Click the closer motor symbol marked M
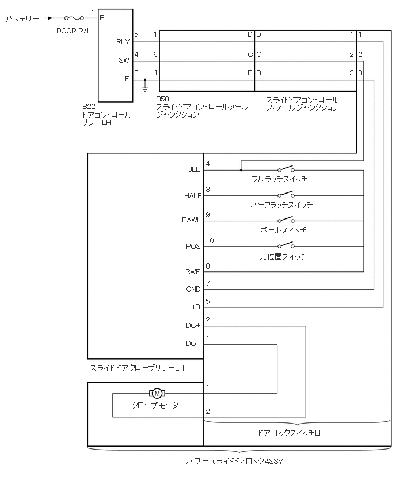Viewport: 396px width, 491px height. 156,394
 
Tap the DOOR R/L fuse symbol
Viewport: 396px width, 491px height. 74,18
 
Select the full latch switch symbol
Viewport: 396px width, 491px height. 285,169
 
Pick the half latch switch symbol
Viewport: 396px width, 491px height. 285,195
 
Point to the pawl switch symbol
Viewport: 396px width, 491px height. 285,221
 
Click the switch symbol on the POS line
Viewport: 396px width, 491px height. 285,247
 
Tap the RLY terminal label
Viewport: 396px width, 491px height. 123,41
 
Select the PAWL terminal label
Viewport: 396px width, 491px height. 192,221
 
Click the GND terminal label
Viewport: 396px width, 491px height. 193,289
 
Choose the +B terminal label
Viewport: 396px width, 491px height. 195,307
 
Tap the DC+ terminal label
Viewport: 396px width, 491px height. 193,326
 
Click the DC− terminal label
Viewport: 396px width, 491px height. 193,344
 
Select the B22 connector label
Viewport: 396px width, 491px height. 89,107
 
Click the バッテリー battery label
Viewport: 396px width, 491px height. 22,19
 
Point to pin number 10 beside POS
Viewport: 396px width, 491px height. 210,240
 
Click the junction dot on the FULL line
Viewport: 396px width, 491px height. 241,170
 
